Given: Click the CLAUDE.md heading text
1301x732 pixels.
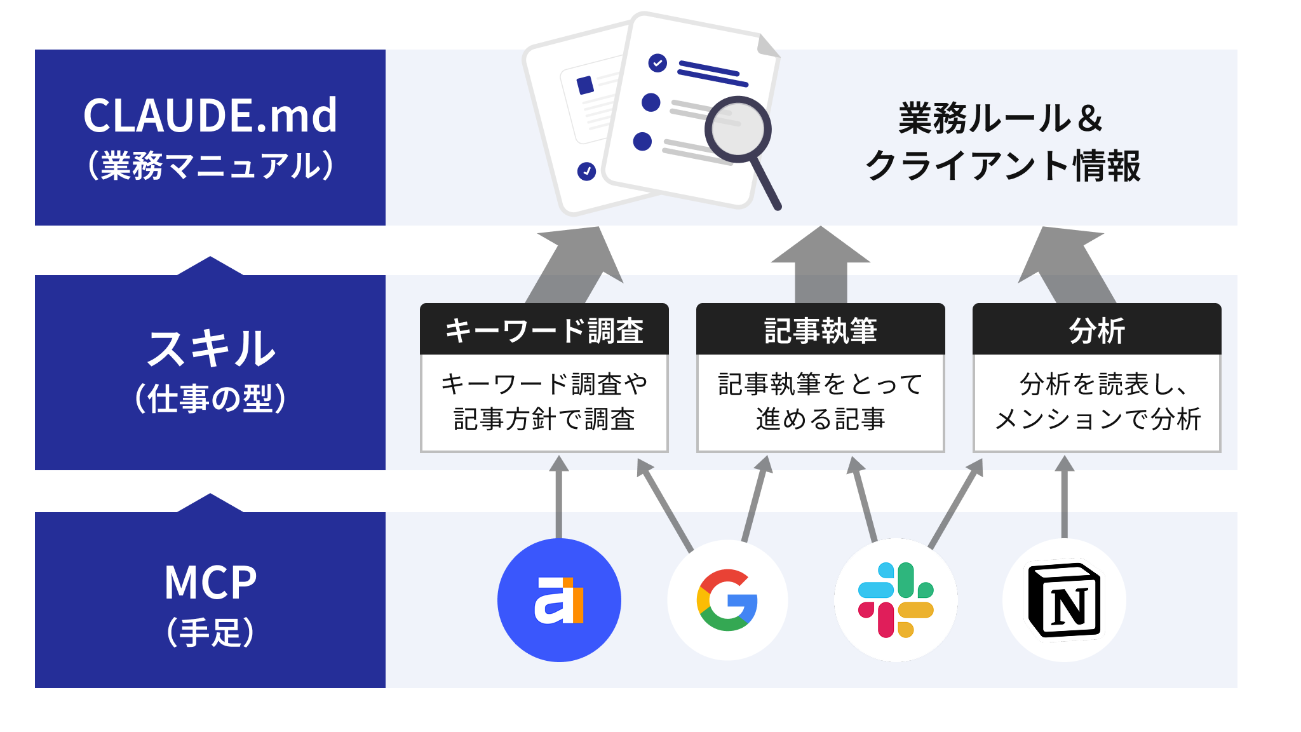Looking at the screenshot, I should point(210,116).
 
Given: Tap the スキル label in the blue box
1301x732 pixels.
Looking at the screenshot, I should point(210,349).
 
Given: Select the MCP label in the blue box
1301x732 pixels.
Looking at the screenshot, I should point(210,582).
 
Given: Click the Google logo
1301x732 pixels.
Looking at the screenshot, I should point(727,600).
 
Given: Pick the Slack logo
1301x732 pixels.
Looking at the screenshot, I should point(896,600).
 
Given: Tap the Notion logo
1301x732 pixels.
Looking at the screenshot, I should point(1064,600).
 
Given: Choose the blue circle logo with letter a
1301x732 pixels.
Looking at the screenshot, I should point(559,600).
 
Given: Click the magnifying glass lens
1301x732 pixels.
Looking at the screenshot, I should point(738,129).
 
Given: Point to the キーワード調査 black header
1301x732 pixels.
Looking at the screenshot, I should point(544,330).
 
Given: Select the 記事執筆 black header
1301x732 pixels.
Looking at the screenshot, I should point(820,330).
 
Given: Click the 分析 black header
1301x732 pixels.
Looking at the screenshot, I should point(1096,330).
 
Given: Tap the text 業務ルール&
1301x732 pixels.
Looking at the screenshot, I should point(1001,118).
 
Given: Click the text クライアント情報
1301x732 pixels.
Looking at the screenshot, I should point(1003,166).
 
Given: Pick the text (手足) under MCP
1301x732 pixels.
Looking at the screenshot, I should point(210,632).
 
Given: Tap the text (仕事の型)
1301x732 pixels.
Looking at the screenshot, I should point(210,399).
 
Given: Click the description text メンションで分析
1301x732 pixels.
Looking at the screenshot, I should point(1097,419).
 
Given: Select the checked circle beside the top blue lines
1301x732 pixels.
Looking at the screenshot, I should point(657,63).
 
